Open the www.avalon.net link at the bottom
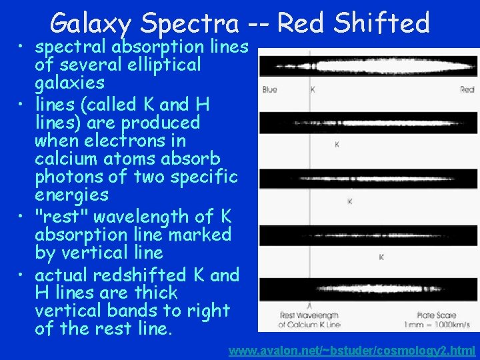pyautogui.click(x=351, y=350)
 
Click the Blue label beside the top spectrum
pyautogui.click(x=269, y=89)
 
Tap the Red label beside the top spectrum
pyautogui.click(x=467, y=89)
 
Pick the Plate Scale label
pyautogui.click(x=433, y=315)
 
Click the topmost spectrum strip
pyautogui.click(x=367, y=66)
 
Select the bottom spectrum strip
pyautogui.click(x=367, y=288)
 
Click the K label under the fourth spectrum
pyautogui.click(x=381, y=257)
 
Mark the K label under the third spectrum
pyautogui.click(x=350, y=201)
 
